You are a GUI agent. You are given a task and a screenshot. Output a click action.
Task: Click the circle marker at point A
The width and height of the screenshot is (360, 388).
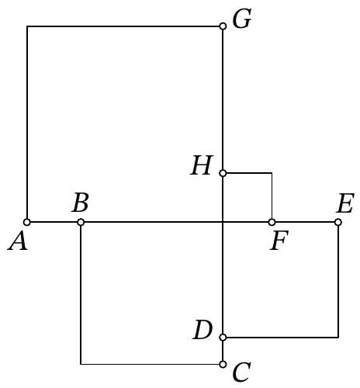(x=26, y=222)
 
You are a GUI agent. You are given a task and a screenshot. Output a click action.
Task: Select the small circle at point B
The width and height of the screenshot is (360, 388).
(x=81, y=222)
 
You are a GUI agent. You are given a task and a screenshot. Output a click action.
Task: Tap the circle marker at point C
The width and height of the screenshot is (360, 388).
(x=223, y=364)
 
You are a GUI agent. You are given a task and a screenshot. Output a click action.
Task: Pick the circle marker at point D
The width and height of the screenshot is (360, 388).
(x=223, y=338)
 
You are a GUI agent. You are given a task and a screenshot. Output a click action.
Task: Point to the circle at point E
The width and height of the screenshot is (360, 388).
(x=338, y=222)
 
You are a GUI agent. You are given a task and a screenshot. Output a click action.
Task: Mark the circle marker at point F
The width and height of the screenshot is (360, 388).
(x=272, y=222)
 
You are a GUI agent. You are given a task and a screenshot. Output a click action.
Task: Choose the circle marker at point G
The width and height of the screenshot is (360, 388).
(x=223, y=26)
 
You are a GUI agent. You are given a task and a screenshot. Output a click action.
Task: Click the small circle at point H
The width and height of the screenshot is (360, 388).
(x=223, y=173)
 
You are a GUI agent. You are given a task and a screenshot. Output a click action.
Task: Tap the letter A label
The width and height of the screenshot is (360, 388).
(x=17, y=241)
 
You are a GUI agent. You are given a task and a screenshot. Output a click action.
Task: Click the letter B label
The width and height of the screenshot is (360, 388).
(x=81, y=202)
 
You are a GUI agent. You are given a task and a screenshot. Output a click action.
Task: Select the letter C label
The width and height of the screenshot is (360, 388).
(x=242, y=372)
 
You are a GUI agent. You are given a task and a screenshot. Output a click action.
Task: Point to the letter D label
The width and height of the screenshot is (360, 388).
(x=202, y=330)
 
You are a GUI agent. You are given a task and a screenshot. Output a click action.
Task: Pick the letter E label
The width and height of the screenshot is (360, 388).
(x=344, y=203)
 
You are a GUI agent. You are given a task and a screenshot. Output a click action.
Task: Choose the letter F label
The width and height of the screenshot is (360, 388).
(x=279, y=241)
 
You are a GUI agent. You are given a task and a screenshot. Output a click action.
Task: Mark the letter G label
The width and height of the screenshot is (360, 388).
(x=242, y=19)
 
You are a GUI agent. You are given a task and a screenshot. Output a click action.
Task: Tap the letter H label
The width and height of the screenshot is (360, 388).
(x=202, y=165)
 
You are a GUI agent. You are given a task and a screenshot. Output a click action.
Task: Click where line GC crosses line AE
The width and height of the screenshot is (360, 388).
(x=223, y=222)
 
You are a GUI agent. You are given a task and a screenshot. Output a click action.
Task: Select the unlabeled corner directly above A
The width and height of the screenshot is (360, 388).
(x=27, y=26)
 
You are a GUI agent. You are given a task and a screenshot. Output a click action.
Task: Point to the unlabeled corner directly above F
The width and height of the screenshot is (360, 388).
(x=272, y=173)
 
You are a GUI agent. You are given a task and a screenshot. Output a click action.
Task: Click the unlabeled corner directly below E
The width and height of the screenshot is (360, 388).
(x=338, y=338)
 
